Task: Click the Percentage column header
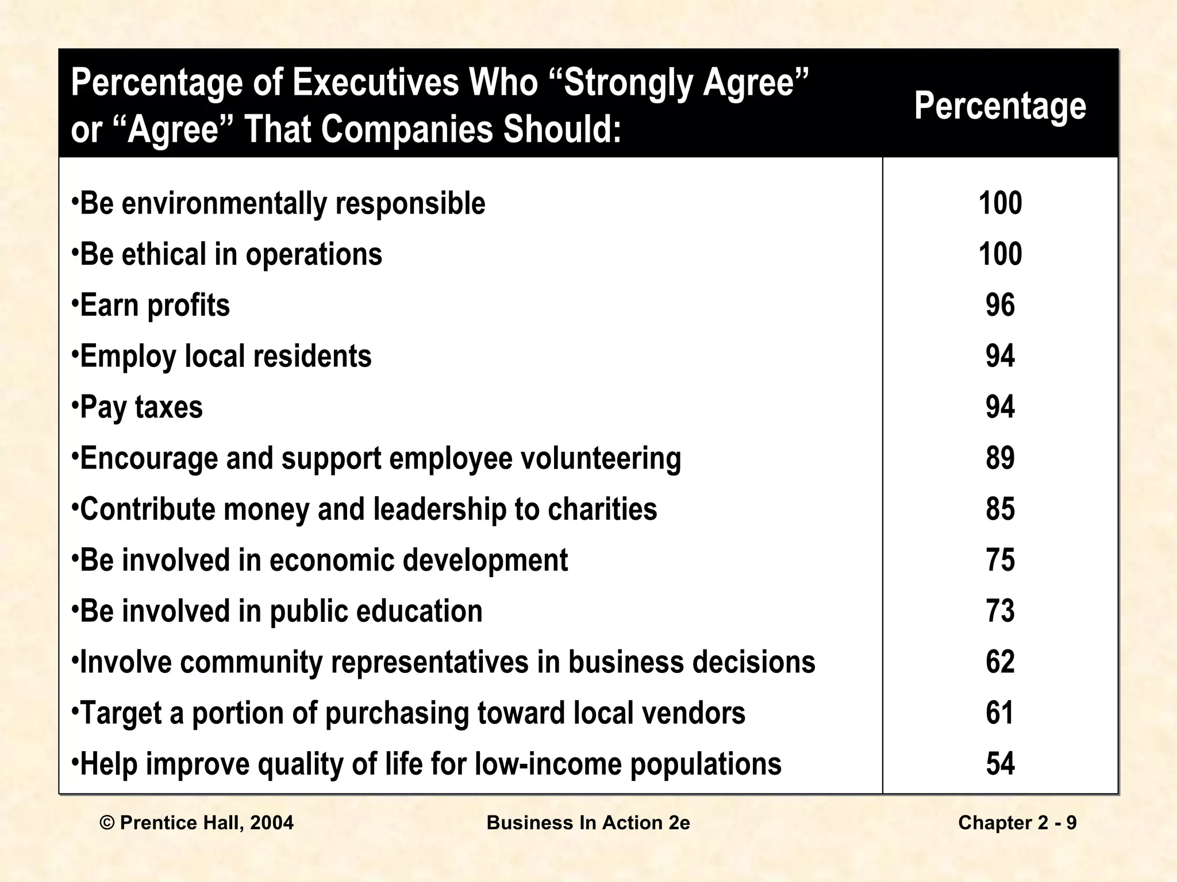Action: (1000, 106)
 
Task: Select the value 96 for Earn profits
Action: (1000, 305)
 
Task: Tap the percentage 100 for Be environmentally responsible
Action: (1000, 203)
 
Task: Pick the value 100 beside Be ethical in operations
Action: (1000, 254)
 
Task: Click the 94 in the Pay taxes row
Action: (1000, 407)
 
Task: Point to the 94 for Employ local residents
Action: (1000, 356)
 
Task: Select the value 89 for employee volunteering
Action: (1000, 458)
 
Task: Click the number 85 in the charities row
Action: (1000, 509)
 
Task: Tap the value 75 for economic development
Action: (1000, 560)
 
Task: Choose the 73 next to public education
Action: (1000, 611)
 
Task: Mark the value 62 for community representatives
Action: (1000, 662)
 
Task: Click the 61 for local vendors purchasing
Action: (1000, 713)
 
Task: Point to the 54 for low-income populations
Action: (1000, 764)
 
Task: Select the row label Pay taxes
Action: (141, 407)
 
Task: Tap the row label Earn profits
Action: (154, 305)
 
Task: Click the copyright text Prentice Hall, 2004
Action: (197, 823)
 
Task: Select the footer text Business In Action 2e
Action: (588, 823)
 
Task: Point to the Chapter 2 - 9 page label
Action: (1017, 823)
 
